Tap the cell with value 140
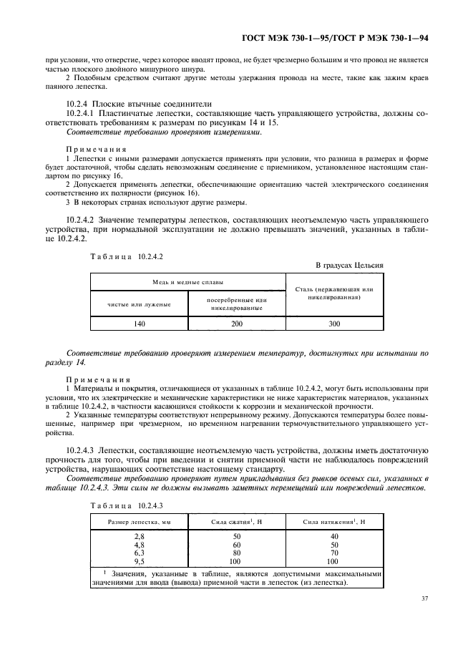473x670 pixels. point(138,324)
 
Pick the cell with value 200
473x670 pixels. point(237,324)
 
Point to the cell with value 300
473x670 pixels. point(334,324)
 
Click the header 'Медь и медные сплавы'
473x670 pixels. point(187,282)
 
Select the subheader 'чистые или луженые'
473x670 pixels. point(138,304)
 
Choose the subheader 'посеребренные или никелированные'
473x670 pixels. point(237,304)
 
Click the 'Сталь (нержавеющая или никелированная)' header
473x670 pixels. point(334,292)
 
